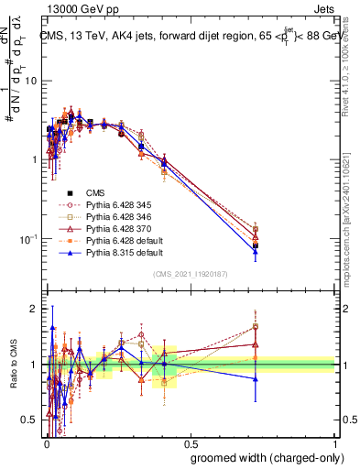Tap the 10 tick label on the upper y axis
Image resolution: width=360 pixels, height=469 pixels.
(x=30, y=81)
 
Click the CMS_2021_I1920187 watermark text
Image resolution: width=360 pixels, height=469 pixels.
(x=189, y=273)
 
